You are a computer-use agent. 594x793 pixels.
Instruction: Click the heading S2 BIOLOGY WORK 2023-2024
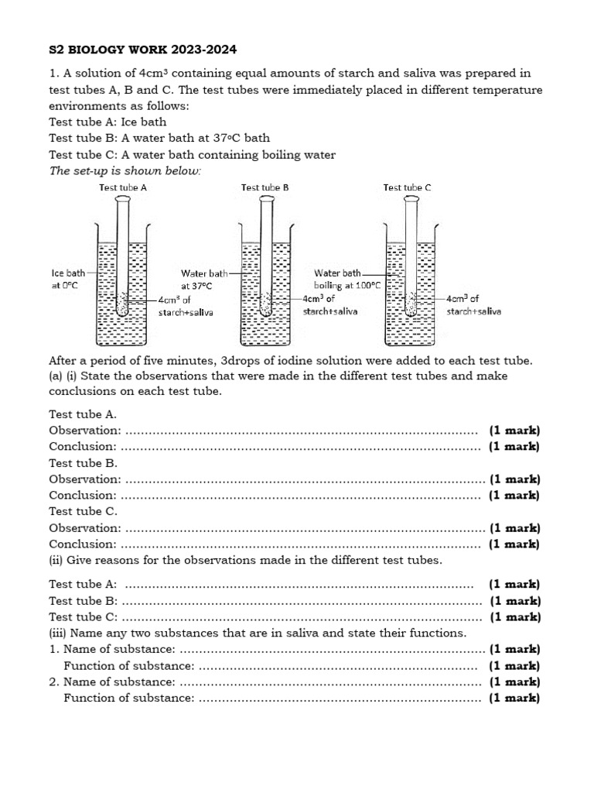click(142, 50)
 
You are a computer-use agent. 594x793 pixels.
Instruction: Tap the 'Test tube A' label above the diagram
click(123, 187)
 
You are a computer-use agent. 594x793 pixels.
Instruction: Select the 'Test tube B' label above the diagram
click(265, 187)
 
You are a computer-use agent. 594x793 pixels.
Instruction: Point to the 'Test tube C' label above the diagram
click(408, 187)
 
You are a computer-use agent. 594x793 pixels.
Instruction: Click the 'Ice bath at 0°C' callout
click(69, 279)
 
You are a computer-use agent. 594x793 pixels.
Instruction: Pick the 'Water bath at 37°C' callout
click(204, 279)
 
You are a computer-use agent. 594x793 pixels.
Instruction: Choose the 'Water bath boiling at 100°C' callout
click(347, 279)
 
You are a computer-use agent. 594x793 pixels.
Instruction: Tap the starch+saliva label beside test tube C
click(473, 304)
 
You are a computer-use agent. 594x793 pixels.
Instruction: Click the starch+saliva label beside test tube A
click(185, 305)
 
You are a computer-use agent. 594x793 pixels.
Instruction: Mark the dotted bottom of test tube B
click(266, 305)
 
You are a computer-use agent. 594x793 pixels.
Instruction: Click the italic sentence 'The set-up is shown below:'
click(125, 170)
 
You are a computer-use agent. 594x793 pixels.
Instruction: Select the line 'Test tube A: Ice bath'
click(108, 122)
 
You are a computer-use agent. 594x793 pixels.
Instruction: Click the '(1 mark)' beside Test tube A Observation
click(514, 431)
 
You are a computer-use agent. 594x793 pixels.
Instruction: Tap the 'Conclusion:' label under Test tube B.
click(83, 496)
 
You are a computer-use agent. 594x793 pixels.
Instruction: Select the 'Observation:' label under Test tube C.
click(85, 528)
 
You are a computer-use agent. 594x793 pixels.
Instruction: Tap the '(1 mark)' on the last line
click(514, 699)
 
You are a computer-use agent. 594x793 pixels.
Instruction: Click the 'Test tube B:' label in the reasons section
click(84, 601)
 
